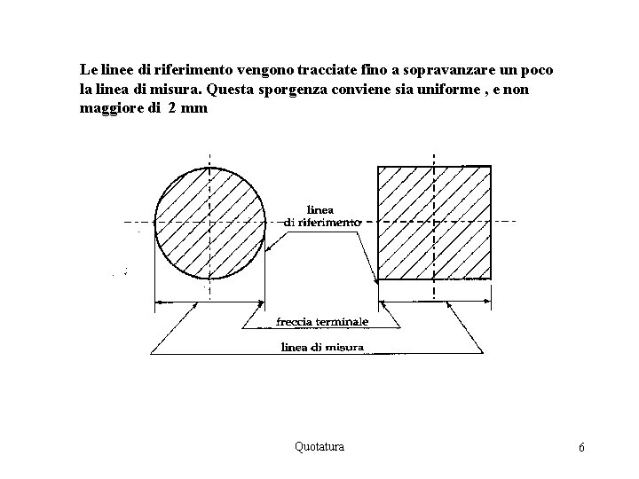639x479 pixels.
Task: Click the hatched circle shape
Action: coord(209,223)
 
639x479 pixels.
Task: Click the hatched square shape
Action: coord(434,224)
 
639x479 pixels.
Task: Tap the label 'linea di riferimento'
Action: coord(322,216)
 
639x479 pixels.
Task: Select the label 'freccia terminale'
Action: coord(322,322)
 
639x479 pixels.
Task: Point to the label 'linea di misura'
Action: coord(321,348)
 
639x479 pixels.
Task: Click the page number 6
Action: coord(581,447)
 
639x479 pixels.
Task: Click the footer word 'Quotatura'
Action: coord(319,446)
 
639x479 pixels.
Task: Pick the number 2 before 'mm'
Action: coord(172,109)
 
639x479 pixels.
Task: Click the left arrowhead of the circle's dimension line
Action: coord(161,304)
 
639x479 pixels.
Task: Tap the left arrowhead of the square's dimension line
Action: coord(384,304)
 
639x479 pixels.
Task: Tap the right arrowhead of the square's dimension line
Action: coord(485,304)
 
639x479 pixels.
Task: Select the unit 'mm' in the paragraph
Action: coord(194,109)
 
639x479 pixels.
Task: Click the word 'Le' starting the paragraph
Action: coord(88,68)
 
